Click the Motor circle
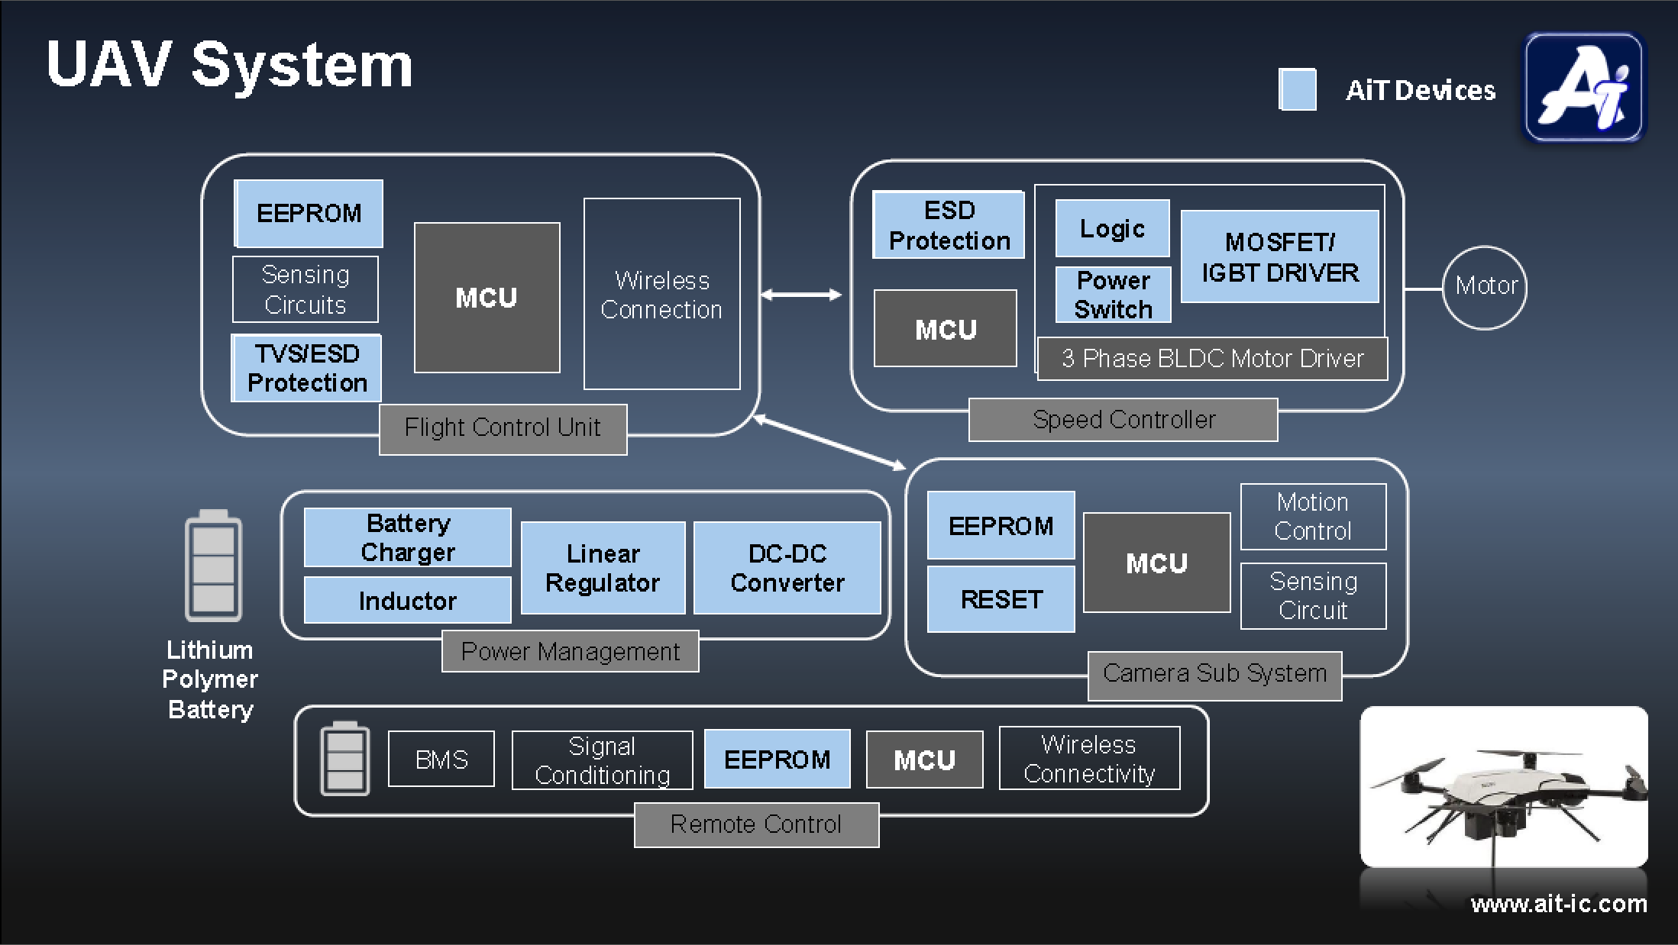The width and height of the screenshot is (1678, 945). pyautogui.click(x=1484, y=287)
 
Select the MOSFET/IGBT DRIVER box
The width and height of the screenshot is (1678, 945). pyautogui.click(x=1279, y=257)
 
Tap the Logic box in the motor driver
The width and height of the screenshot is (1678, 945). pyautogui.click(x=1112, y=228)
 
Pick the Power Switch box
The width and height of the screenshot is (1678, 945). pyautogui.click(x=1113, y=295)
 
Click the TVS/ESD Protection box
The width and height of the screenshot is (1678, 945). pyautogui.click(x=307, y=368)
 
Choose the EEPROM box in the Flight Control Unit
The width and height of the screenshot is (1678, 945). pyautogui.click(x=309, y=214)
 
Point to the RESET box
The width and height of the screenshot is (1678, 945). pyautogui.click(x=1001, y=599)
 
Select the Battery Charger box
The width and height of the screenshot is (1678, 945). pyautogui.click(x=408, y=537)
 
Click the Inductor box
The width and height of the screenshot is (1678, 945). pyautogui.click(x=408, y=601)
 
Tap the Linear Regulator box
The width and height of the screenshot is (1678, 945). pyautogui.click(x=603, y=568)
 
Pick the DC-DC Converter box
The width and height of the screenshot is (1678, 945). pyautogui.click(x=787, y=568)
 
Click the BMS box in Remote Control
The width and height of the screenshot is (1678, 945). pyautogui.click(x=441, y=759)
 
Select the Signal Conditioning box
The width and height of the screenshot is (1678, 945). pyautogui.click(x=602, y=760)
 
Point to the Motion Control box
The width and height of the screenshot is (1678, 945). pyautogui.click(x=1313, y=517)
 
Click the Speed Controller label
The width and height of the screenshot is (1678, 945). pyautogui.click(x=1123, y=420)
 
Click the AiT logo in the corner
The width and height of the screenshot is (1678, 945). pyautogui.click(x=1583, y=87)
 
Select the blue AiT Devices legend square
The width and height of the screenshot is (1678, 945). pyautogui.click(x=1297, y=89)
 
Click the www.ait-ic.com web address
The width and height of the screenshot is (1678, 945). pyautogui.click(x=1558, y=904)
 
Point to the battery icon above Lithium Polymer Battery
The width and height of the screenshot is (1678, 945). pyautogui.click(x=213, y=566)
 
